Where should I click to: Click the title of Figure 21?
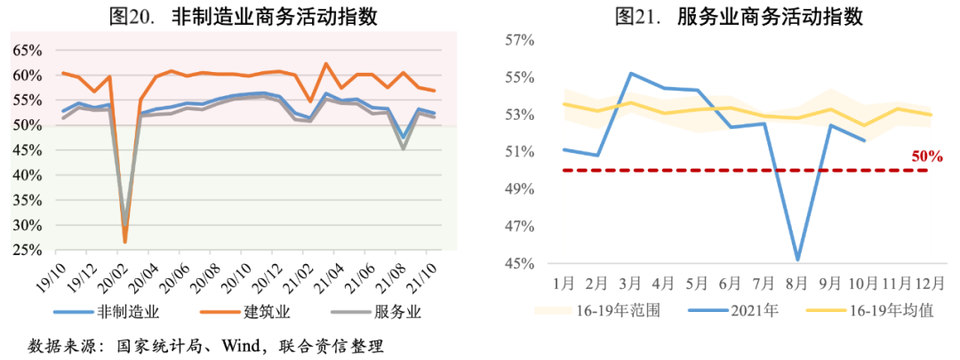(x=728, y=16)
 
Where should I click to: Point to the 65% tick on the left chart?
(x=27, y=50)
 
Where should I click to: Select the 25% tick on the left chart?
(x=27, y=251)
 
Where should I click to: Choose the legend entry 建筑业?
(x=268, y=312)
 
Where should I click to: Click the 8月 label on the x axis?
(x=796, y=284)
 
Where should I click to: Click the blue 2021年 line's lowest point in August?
(x=797, y=260)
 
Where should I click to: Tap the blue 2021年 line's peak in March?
(x=630, y=74)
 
